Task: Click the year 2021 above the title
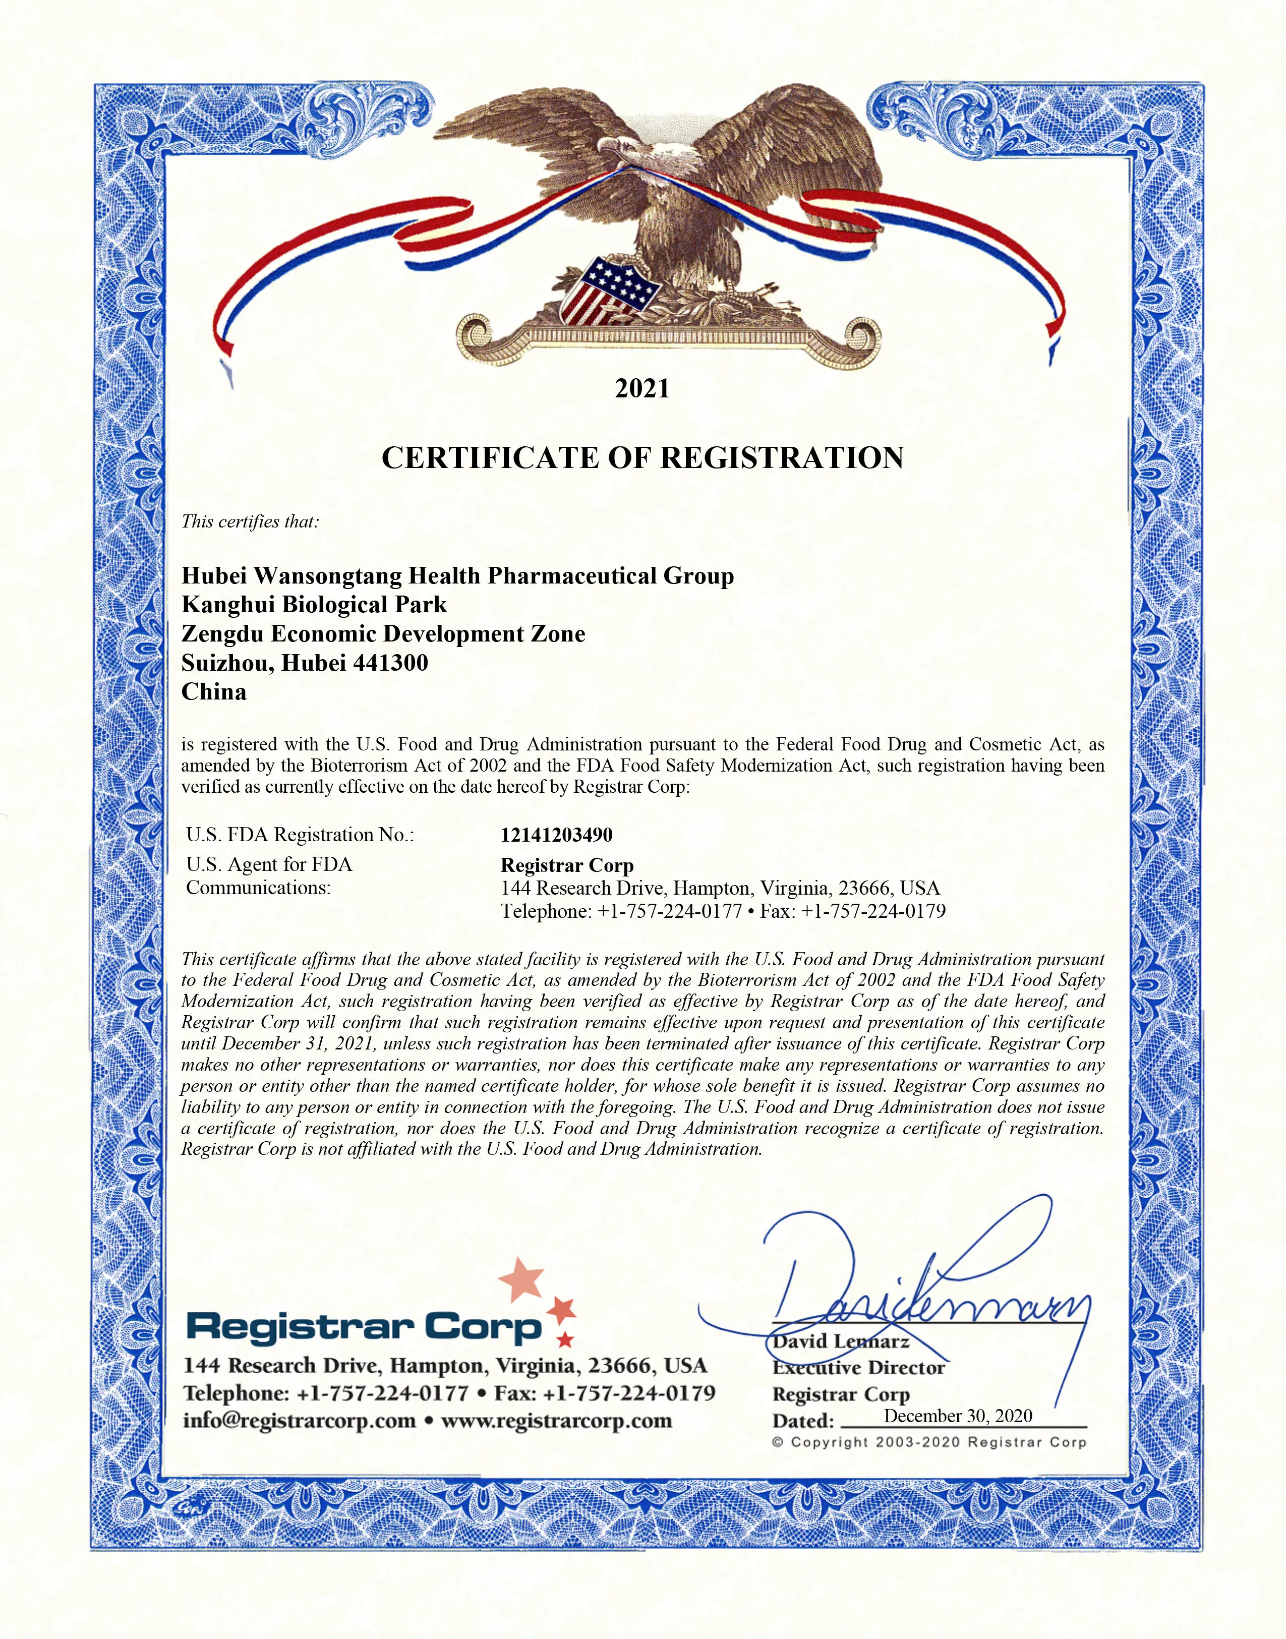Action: click(642, 388)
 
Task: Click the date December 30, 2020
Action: click(958, 1416)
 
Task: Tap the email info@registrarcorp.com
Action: click(299, 1421)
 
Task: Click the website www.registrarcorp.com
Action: click(556, 1421)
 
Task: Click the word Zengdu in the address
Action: click(222, 634)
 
